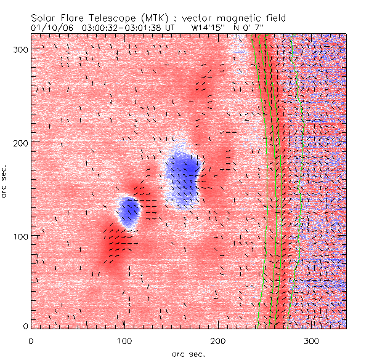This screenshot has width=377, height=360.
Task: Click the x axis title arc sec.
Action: coord(188,353)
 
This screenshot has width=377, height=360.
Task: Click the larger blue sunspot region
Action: coord(184,175)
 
